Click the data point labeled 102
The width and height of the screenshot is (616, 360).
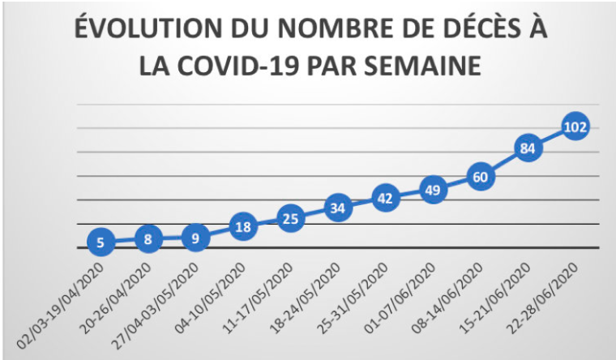coord(575,126)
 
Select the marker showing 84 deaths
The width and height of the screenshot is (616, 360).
coord(528,148)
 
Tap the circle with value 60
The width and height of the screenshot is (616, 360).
coord(481,177)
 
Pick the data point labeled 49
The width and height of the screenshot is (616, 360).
coord(434,191)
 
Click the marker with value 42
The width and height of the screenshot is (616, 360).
coord(386,198)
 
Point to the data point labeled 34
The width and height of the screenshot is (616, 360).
coord(339,208)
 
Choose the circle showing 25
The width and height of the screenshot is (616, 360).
coord(291,218)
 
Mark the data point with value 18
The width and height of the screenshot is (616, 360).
coord(244,227)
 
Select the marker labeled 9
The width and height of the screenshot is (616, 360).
coord(195,238)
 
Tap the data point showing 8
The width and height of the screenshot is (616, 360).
coord(148,239)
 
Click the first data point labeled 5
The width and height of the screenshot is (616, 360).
coord(101,242)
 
